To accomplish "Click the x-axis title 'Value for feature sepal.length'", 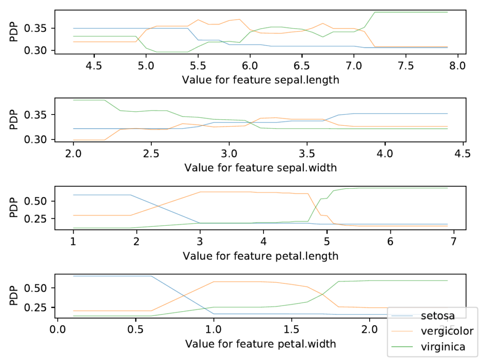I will (x=260, y=79).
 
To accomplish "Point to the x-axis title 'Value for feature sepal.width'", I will (x=260, y=168).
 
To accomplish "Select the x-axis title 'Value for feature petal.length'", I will (x=260, y=256).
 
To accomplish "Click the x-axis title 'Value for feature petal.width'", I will (x=260, y=344).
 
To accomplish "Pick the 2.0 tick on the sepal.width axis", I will (x=73, y=153).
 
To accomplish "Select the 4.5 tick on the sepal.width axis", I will (x=463, y=153).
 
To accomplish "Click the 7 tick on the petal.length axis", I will (x=453, y=241).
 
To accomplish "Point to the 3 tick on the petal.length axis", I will (x=200, y=241).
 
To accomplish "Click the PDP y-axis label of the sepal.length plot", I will (x=13, y=32).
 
